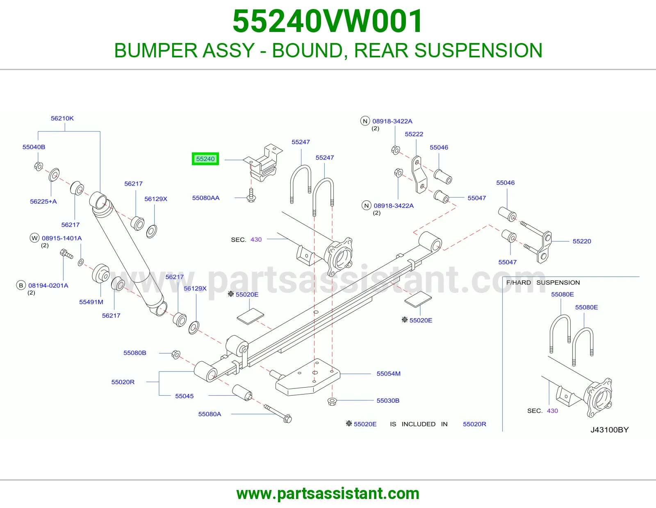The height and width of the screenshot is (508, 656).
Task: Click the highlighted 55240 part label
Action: pos(205,159)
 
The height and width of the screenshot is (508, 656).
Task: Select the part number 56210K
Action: pos(62,118)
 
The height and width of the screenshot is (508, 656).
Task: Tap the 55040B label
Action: pos(34,147)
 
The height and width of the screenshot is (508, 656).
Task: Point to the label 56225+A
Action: pos(43,201)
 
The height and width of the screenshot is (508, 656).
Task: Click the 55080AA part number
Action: pos(206,198)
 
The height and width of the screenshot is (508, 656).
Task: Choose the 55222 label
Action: pos(414,134)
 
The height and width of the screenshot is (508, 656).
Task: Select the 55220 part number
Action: pos(582,241)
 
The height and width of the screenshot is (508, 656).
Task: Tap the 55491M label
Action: pos(91,302)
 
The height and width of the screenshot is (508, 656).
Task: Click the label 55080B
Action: pos(134,353)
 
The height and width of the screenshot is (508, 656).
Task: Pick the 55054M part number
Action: pos(389,374)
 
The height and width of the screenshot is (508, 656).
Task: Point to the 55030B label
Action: pos(388,400)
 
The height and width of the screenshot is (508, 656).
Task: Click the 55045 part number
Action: pos(184,396)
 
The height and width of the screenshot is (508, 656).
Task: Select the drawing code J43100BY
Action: pos(610,430)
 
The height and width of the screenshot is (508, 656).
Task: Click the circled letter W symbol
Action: pos(35,238)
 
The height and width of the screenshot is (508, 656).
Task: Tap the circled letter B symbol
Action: pos(21,286)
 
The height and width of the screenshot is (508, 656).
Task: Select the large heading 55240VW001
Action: pos(328,21)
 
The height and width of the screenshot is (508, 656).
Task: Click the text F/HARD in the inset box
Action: pos(518,283)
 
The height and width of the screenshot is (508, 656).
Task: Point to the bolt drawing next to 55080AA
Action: pos(251,195)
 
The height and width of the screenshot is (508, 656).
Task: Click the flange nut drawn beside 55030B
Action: pos(332,401)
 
